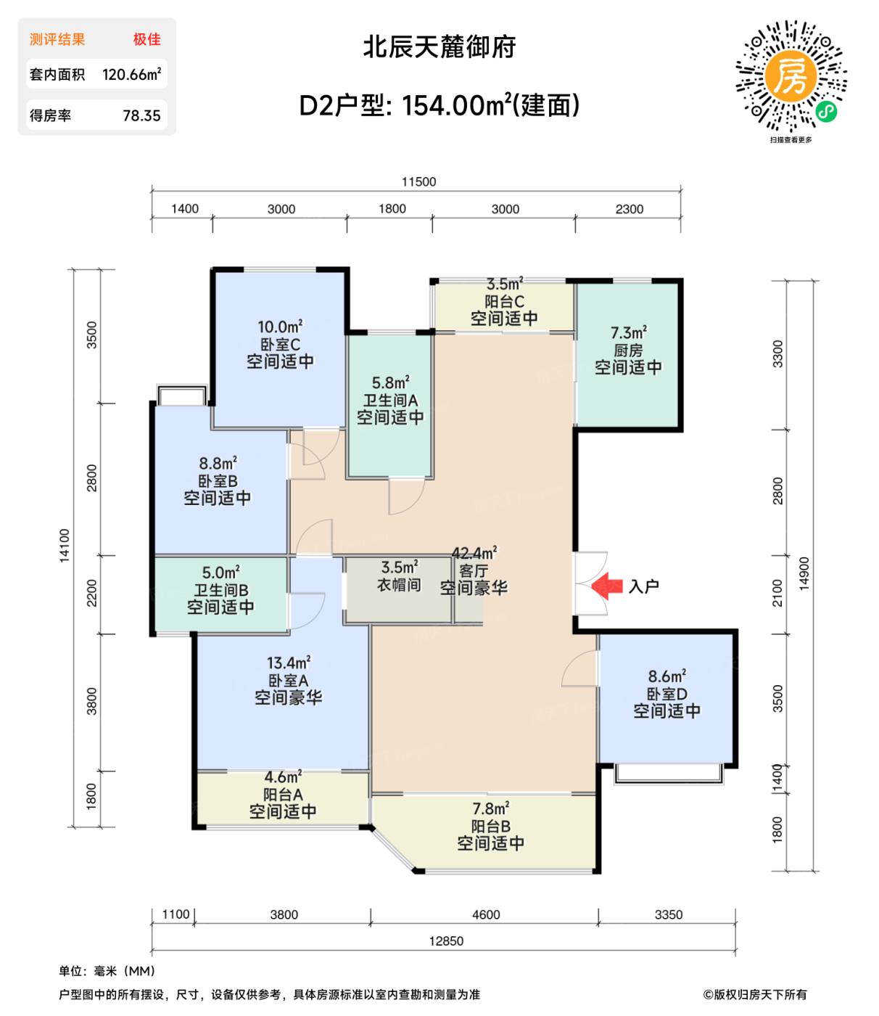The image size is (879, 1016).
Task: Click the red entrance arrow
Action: [607, 586]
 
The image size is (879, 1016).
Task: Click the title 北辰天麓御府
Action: [439, 47]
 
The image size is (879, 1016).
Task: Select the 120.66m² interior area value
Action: [131, 74]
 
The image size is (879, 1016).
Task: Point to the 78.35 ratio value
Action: [141, 115]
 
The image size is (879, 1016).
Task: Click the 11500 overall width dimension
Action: [418, 181]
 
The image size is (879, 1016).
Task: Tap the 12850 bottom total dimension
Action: [446, 941]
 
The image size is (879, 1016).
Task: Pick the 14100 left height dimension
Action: [65, 544]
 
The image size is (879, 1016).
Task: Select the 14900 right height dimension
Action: [804, 573]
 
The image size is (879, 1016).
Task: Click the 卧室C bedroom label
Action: [280, 345]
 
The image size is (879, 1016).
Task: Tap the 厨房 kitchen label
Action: [628, 351]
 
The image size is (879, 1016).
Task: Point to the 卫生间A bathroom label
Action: [390, 401]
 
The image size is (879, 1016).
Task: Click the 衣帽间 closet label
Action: [399, 584]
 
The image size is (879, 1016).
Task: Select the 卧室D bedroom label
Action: [667, 694]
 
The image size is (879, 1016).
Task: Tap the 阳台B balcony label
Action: [490, 827]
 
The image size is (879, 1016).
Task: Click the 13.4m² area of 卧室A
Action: [289, 663]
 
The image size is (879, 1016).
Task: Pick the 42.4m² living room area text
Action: [474, 554]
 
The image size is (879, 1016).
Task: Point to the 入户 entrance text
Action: [644, 586]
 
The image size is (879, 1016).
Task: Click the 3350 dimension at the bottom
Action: [668, 914]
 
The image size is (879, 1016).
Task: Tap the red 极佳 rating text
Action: [146, 39]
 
